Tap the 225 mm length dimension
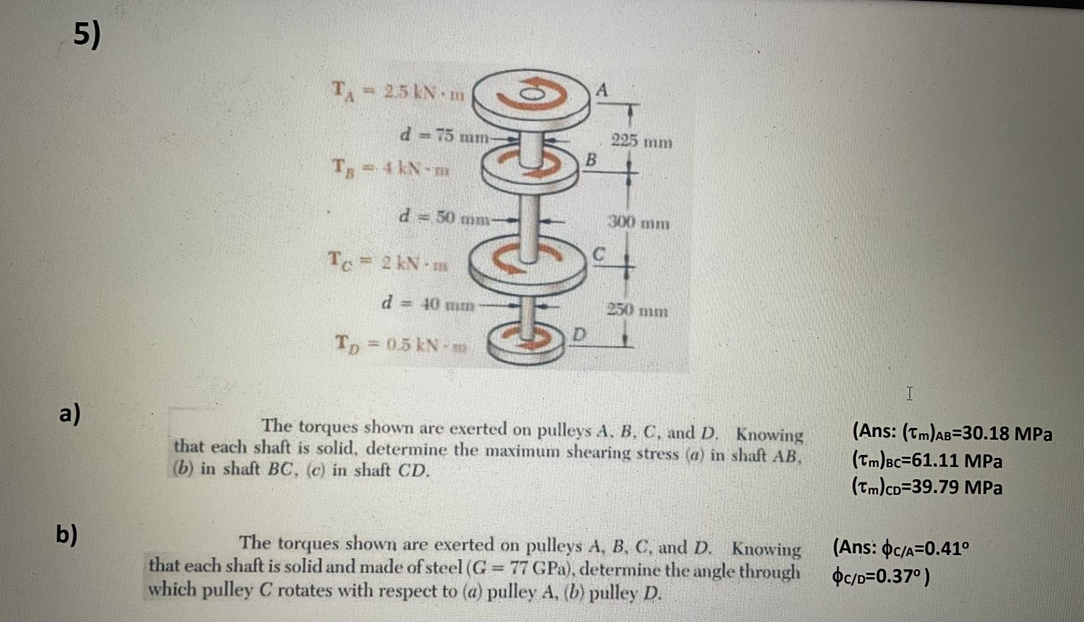(642, 141)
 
